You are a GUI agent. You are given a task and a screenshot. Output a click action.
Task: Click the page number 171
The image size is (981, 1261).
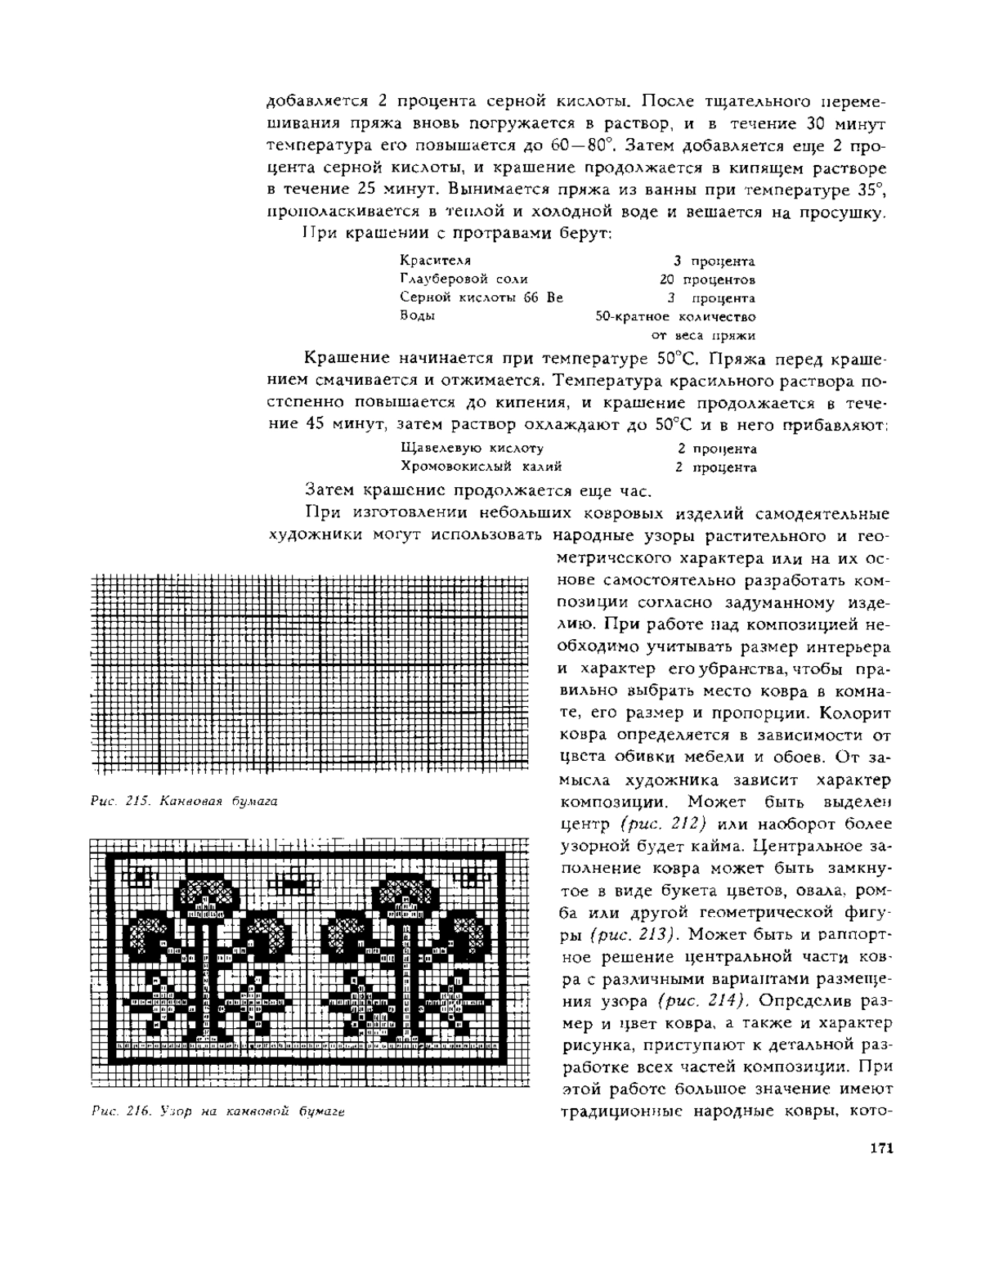point(880,1148)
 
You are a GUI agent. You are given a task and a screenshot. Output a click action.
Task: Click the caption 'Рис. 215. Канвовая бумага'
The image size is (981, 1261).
point(184,802)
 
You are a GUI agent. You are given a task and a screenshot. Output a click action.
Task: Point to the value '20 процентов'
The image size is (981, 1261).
point(708,279)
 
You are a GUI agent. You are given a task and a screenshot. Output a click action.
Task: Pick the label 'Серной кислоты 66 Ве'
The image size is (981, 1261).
point(482,298)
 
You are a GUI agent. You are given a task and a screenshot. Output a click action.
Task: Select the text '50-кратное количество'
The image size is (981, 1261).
point(675,316)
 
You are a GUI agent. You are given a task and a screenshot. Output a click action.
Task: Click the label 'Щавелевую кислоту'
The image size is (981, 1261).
point(473,449)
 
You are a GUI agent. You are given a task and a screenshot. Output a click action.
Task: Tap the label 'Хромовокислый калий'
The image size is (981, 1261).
point(482,467)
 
